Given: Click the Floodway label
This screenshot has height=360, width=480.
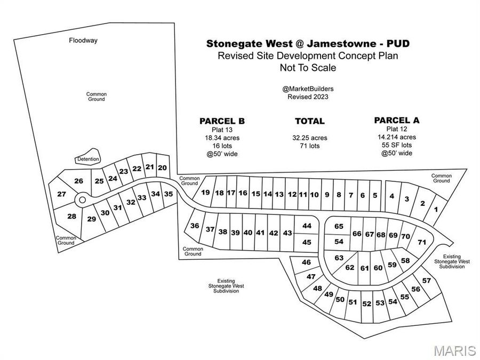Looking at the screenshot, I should pyautogui.click(x=83, y=40).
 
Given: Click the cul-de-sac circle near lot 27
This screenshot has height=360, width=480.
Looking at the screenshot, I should pyautogui.click(x=82, y=199).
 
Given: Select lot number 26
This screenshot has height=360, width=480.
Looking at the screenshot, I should pyautogui.click(x=78, y=181).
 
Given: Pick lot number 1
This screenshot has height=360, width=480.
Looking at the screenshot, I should pyautogui.click(x=436, y=210).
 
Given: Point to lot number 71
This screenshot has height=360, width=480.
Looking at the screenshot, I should pyautogui.click(x=422, y=242).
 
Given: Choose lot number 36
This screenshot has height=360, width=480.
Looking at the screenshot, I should pyautogui.click(x=195, y=226).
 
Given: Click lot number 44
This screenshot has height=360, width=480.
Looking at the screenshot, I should pyautogui.click(x=307, y=226).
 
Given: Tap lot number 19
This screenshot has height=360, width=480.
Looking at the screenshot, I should pyautogui.click(x=206, y=193).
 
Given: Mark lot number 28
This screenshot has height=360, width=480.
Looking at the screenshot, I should pyautogui.click(x=71, y=216).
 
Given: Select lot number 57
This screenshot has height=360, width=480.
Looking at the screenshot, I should pyautogui.click(x=427, y=281).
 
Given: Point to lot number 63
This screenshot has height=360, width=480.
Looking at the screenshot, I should pyautogui.click(x=339, y=258).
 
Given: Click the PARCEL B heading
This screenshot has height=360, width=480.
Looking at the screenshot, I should pyautogui.click(x=222, y=121).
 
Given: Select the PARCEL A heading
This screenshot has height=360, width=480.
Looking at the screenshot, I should pyautogui.click(x=397, y=120).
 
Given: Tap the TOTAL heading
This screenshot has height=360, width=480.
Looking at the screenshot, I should pyautogui.click(x=309, y=121).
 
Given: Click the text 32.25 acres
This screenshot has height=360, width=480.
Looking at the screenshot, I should pyautogui.click(x=309, y=138).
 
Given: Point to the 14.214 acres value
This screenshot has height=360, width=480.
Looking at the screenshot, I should pyautogui.click(x=397, y=137).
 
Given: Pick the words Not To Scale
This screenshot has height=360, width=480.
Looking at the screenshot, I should pyautogui.click(x=308, y=68).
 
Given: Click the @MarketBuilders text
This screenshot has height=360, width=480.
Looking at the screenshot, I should pyautogui.click(x=308, y=89).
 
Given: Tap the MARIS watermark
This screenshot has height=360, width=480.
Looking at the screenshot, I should pyautogui.click(x=454, y=350).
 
